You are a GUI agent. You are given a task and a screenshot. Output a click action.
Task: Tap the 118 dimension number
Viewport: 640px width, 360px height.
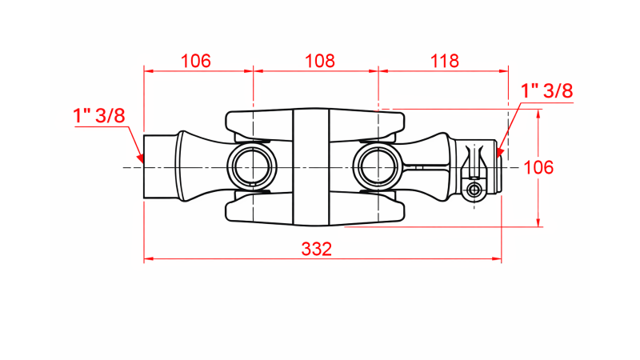point(444,60)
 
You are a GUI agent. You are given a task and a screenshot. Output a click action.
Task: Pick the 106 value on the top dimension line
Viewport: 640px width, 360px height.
point(196,60)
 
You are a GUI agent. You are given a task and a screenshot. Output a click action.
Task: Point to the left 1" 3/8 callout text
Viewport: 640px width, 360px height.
point(99,115)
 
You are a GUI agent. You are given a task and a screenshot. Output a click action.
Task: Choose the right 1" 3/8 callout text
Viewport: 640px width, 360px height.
point(547,90)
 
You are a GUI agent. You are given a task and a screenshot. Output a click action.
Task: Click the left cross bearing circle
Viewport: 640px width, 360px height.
point(252,167)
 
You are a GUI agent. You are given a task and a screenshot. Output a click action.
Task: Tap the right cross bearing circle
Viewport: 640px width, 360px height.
point(377,167)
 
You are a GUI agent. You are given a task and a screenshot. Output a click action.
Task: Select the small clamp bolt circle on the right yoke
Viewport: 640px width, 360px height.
point(475,190)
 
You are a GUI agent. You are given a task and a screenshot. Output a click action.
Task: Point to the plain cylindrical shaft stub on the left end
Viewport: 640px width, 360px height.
point(158,167)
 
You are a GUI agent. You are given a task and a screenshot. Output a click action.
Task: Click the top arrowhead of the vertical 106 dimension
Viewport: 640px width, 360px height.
point(539,113)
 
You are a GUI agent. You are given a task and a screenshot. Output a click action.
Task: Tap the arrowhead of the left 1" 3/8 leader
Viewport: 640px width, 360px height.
point(140,160)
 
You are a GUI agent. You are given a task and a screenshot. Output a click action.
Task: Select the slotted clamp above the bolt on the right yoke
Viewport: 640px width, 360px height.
point(476,160)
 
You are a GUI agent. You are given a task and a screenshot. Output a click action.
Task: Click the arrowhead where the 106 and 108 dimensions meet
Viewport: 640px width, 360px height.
point(253,70)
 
